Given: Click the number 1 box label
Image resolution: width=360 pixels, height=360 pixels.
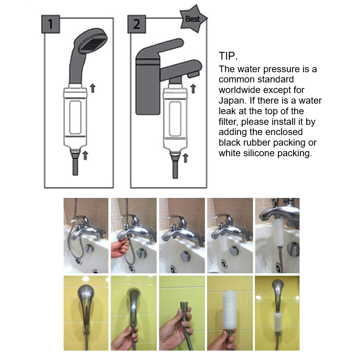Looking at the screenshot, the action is pos(51,24).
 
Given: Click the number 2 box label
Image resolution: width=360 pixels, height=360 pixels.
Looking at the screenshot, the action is pos(137,24).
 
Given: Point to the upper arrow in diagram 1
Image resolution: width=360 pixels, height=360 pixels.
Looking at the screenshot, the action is pos(93,88).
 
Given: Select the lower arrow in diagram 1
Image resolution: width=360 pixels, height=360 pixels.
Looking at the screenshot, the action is pos(85,155).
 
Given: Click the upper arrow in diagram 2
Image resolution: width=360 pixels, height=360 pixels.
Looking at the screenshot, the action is pos(193,89).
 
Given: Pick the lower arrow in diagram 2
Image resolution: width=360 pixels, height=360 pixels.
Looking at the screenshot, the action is pos(186,158).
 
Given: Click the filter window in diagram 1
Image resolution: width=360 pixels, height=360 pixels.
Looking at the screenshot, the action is pos(75,117).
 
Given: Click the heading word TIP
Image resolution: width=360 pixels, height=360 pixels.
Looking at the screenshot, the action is pos(228,56).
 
